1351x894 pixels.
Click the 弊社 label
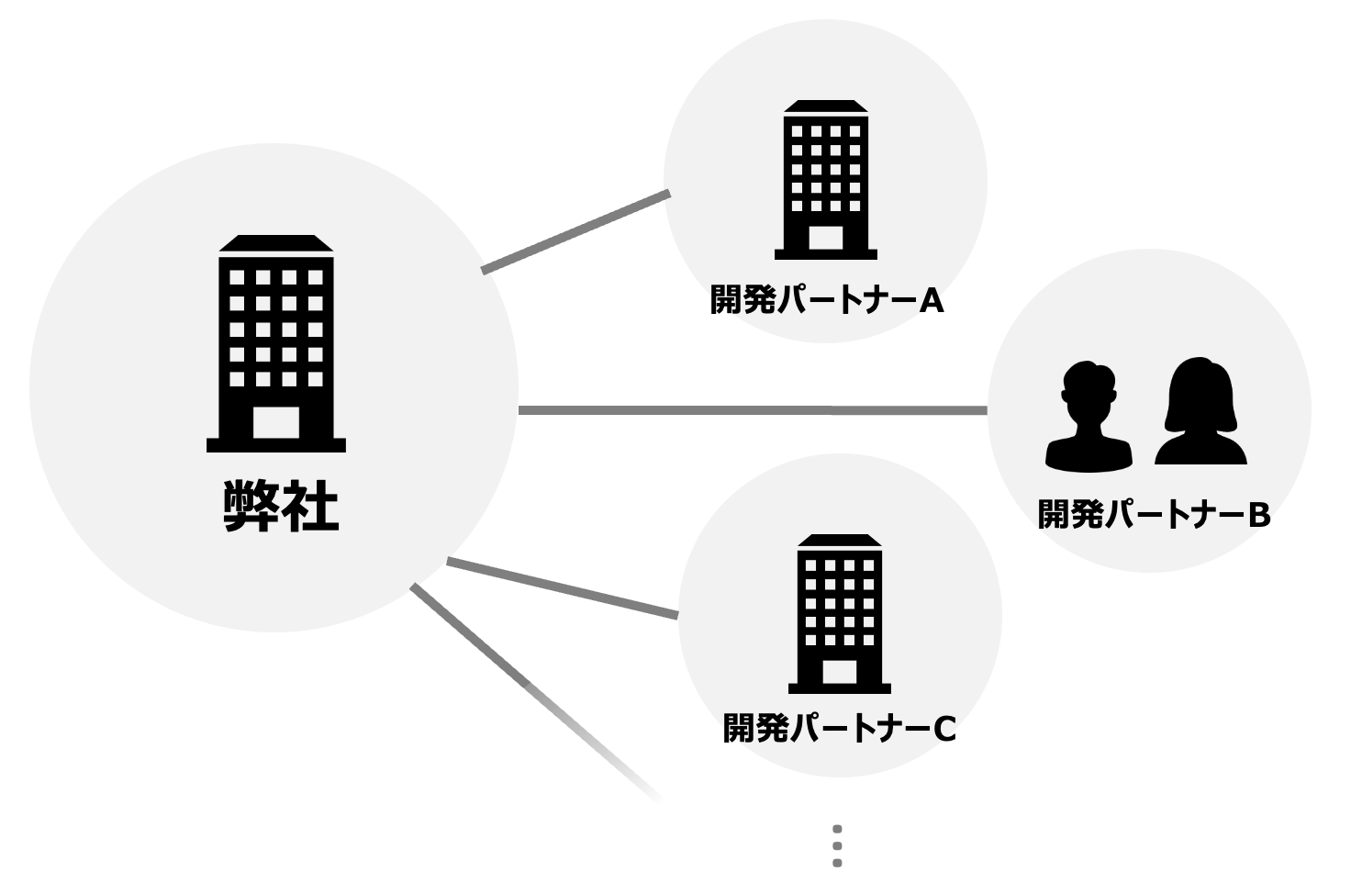[281, 506]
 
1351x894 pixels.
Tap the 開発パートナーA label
[826, 300]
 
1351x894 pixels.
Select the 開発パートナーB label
[1153, 515]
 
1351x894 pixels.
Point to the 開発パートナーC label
[839, 729]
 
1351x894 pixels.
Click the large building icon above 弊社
[276, 343]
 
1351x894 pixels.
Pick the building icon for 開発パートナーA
[826, 179]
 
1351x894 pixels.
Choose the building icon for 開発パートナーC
[840, 613]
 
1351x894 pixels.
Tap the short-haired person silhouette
[1089, 418]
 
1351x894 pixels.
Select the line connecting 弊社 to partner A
[576, 232]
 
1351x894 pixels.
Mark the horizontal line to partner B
[753, 410]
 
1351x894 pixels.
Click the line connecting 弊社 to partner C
[562, 587]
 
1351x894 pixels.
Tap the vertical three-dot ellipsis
[837, 845]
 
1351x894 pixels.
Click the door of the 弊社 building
[276, 423]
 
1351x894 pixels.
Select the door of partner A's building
[826, 238]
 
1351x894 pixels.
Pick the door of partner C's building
[840, 672]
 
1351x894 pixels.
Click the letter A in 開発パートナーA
[932, 300]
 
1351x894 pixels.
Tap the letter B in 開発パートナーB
[1258, 515]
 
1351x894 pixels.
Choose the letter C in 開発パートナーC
[944, 730]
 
